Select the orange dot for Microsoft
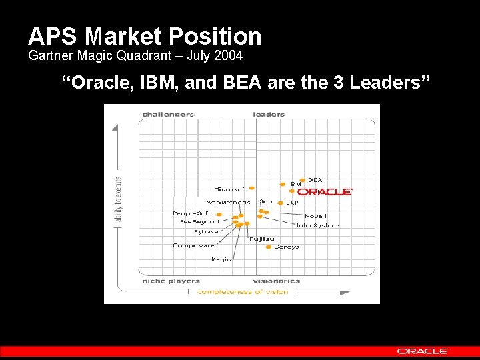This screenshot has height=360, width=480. pyautogui.click(x=251, y=189)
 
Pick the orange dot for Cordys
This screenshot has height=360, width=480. pyautogui.click(x=268, y=247)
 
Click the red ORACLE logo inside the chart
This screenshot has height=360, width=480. pyautogui.click(x=325, y=192)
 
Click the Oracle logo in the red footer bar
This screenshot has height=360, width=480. pyautogui.click(x=423, y=351)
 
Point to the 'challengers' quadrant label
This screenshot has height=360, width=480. pyautogui.click(x=168, y=114)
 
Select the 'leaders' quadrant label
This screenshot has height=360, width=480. pyautogui.click(x=269, y=114)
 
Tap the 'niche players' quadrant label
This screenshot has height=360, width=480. pyautogui.click(x=171, y=281)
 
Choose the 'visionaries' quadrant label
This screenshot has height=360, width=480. pyautogui.click(x=276, y=281)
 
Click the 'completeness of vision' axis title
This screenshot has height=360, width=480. pyautogui.click(x=243, y=291)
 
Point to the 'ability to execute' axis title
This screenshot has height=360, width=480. pyautogui.click(x=119, y=199)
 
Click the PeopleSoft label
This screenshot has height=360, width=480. pyautogui.click(x=191, y=213)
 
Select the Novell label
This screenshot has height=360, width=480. pyautogui.click(x=315, y=216)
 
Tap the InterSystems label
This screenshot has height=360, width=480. pyautogui.click(x=319, y=225)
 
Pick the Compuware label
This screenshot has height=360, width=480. pyautogui.click(x=193, y=245)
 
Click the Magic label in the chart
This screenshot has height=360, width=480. pyautogui.click(x=221, y=259)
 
